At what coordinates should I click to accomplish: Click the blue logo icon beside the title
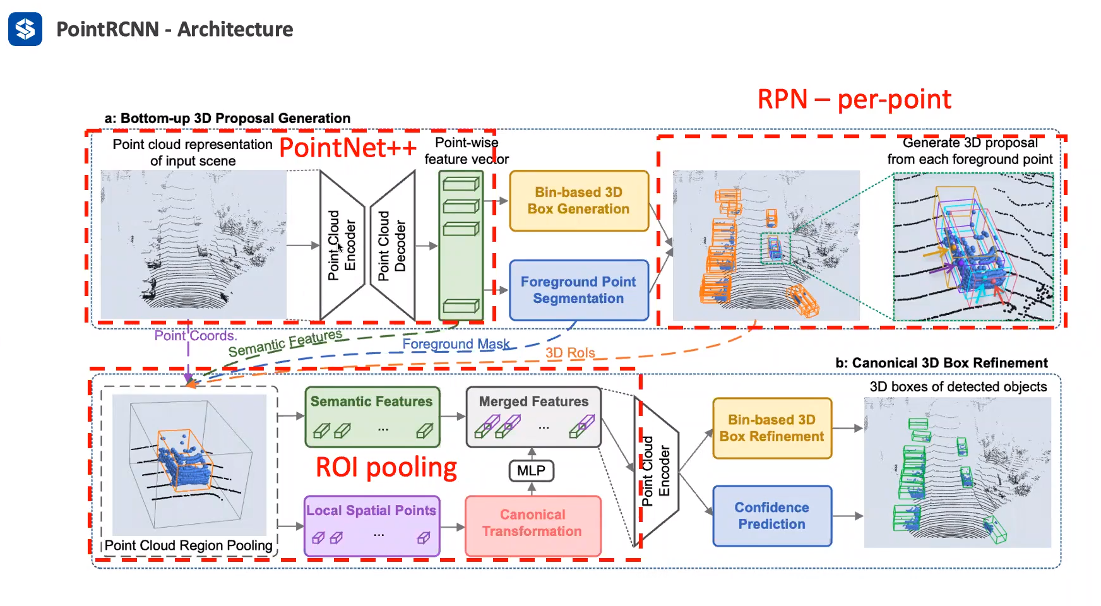pos(25,29)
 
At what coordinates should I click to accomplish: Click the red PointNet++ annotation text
pos(348,148)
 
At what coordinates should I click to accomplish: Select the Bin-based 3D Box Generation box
pos(579,201)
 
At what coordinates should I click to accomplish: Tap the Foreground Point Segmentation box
pos(579,290)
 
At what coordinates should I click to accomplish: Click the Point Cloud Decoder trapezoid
pos(392,246)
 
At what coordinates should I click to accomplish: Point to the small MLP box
pos(531,471)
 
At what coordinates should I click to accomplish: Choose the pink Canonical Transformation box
pos(533,523)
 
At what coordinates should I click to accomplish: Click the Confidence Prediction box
pos(771,516)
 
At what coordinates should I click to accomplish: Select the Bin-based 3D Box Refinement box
pos(771,428)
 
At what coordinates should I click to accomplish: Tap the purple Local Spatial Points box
pos(371,525)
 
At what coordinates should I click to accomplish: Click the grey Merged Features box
pos(533,417)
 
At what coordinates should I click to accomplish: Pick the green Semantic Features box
pos(372,417)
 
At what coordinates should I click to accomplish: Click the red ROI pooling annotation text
pos(386,468)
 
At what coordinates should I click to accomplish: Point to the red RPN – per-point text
pos(854,100)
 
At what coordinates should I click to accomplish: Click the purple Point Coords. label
pos(195,336)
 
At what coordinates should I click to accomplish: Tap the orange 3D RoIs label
pos(570,353)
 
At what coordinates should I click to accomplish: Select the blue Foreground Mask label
pos(456,344)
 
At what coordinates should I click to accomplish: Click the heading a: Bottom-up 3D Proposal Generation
pos(227,119)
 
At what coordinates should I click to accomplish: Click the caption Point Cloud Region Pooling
pos(188,545)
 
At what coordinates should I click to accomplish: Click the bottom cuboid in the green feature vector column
pos(461,306)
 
